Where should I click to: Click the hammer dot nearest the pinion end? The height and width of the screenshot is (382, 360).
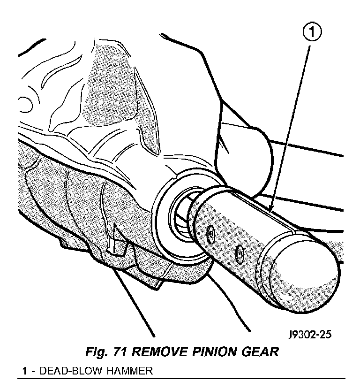coord(210,232)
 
